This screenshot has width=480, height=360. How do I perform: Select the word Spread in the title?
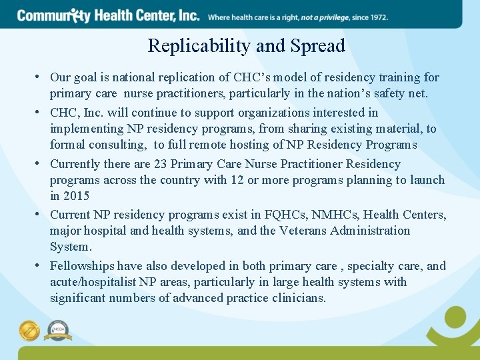point(319,46)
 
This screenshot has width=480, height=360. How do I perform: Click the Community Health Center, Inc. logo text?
point(109,15)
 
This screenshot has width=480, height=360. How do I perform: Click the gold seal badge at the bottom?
point(29,330)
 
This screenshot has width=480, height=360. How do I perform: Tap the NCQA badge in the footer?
point(58,330)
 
